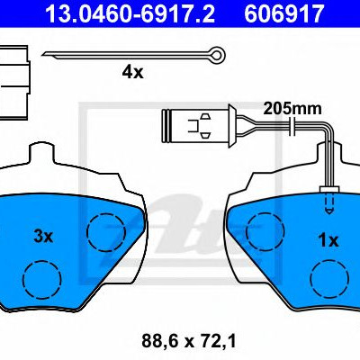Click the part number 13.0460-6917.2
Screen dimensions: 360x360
point(130,13)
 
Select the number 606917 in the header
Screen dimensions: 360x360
point(283,13)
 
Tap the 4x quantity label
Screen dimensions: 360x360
point(132,72)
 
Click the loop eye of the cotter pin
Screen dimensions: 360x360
point(217,54)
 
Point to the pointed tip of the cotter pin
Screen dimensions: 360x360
point(43,55)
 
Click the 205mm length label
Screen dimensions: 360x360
point(292,109)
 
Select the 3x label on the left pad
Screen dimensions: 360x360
point(43,237)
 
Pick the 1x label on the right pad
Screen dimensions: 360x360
point(328,240)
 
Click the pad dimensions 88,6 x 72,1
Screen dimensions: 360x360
point(189,341)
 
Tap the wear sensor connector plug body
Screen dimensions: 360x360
point(195,125)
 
